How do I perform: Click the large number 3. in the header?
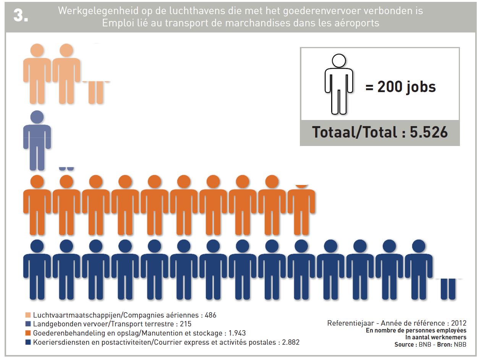[x=21, y=16]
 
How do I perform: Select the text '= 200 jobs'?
[x=400, y=87]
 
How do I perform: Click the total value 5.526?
[x=429, y=132]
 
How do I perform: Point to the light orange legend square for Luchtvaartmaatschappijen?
[x=28, y=315]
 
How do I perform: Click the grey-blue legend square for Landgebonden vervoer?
[x=28, y=324]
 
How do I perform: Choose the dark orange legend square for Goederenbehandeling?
[x=28, y=333]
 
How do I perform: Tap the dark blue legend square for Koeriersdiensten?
[x=28, y=342]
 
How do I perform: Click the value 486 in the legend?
[x=210, y=315]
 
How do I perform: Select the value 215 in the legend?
[x=185, y=324]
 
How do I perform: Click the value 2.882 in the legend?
[x=290, y=342]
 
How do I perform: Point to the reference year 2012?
[x=458, y=323]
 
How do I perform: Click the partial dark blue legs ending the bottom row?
[x=448, y=289]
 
